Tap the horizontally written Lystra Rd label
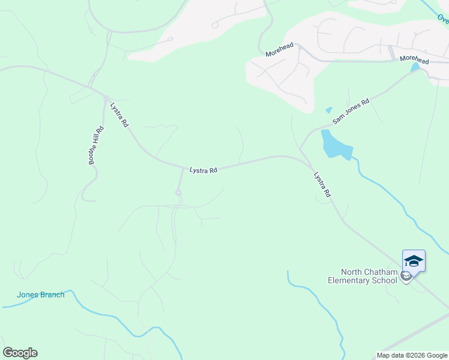click(203, 170)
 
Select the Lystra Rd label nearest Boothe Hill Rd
click(119, 115)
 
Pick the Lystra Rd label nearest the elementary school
click(322, 185)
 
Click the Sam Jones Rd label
click(351, 112)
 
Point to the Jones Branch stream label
click(40, 295)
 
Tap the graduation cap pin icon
click(414, 260)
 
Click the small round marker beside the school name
click(406, 276)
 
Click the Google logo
click(20, 353)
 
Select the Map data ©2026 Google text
click(412, 355)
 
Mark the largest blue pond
click(334, 145)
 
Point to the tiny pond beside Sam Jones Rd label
click(328, 110)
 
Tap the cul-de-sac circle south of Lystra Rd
click(178, 192)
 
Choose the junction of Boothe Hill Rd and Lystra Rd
click(105, 98)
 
